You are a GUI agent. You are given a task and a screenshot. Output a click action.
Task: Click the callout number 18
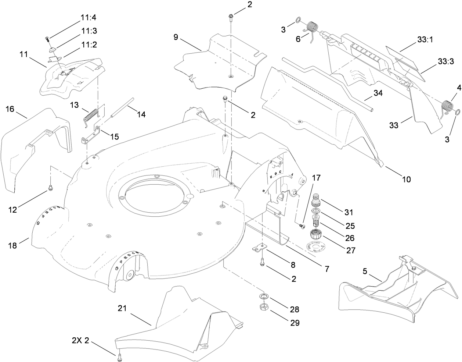pyautogui.click(x=12, y=245)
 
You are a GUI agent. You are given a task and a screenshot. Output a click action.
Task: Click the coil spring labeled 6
pyautogui.click(x=312, y=28)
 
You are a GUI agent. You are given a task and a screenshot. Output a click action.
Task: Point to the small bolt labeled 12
pyautogui.click(x=50, y=189)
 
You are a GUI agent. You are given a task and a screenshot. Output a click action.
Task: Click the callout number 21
pyautogui.click(x=122, y=308)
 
